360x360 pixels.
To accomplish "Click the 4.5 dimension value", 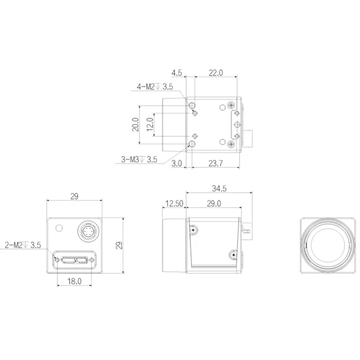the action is tap(177, 73).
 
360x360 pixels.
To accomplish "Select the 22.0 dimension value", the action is tap(215, 73).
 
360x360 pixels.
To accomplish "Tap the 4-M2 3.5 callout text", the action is tap(155, 87).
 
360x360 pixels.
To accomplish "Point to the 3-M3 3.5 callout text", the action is tap(139, 159).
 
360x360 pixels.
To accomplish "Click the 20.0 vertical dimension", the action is tap(136, 124).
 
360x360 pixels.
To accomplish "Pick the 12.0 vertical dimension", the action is tap(150, 124).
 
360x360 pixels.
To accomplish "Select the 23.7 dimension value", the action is tap(215, 163).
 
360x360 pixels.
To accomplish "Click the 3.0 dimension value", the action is tap(177, 163).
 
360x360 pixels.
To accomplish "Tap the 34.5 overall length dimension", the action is tap(219, 188).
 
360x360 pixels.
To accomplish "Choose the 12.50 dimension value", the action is tap(174, 204).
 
